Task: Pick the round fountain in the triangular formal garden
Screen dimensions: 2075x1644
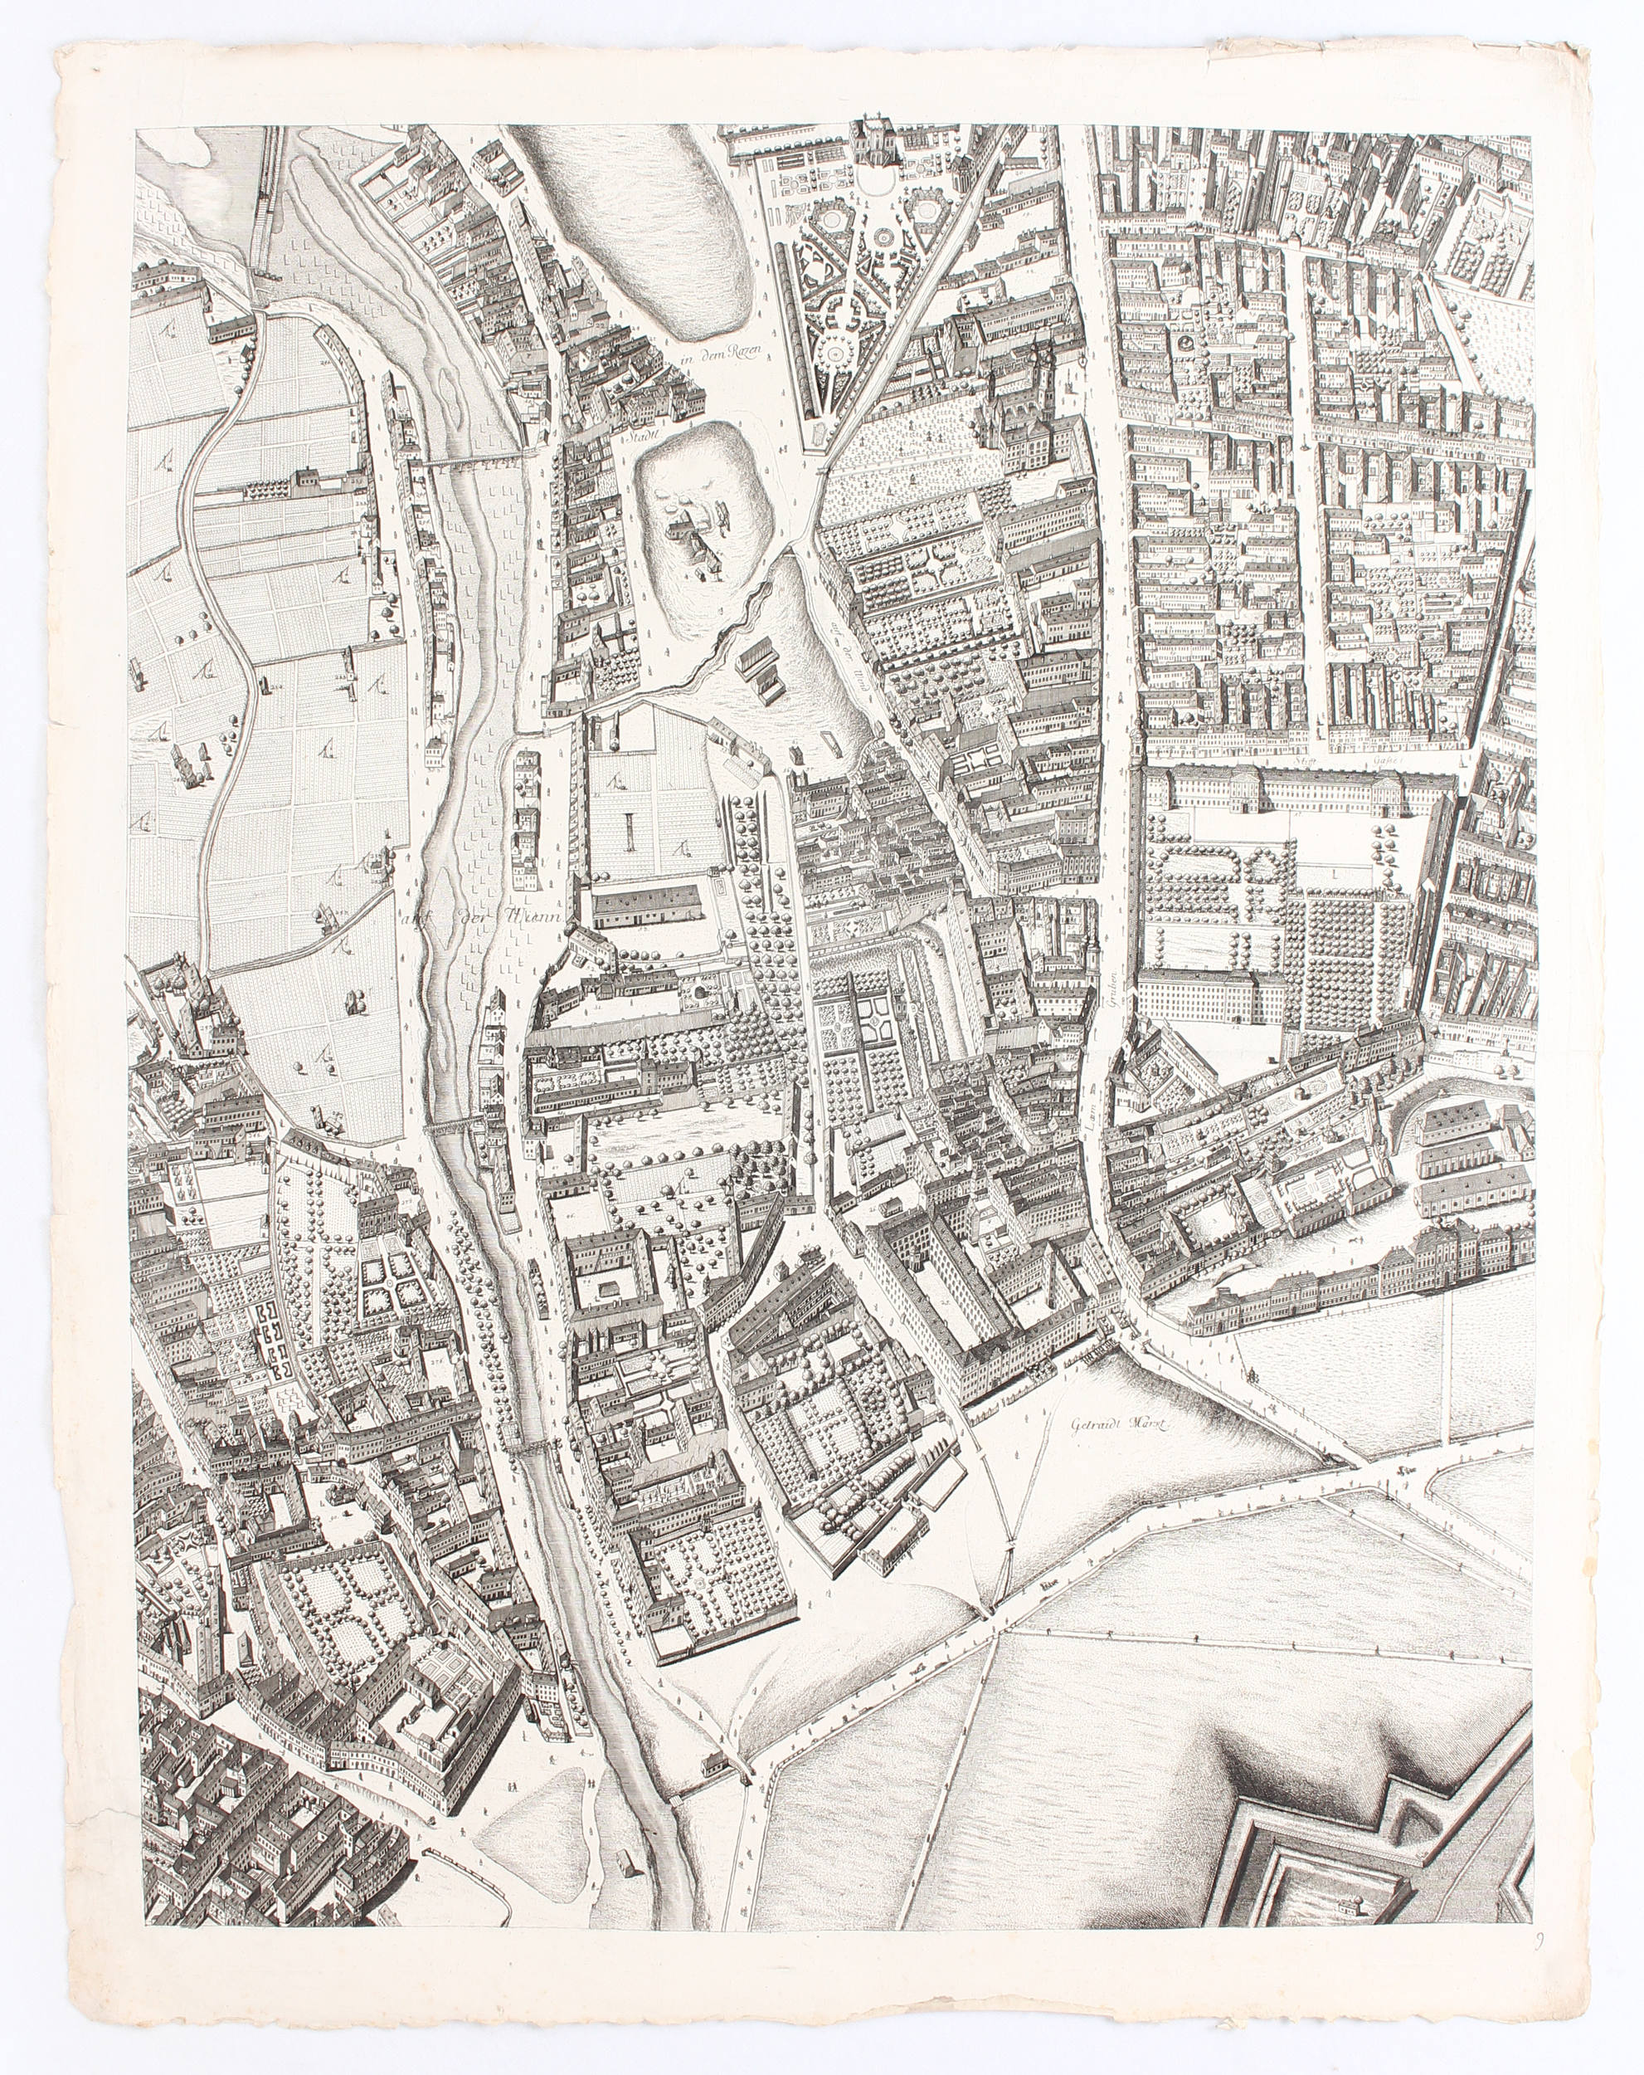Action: [834, 355]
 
